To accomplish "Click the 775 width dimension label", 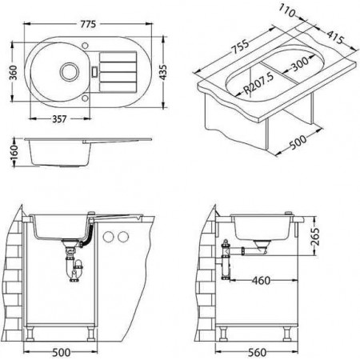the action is coord(88,24).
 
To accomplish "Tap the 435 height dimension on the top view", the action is coord(162,72).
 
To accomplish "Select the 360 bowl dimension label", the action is coord(13,72).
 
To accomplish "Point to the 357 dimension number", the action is coord(59,119).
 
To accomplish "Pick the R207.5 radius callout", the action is coord(258,83).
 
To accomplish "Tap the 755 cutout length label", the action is coord(240,47).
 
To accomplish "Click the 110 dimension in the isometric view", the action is coord(287,11).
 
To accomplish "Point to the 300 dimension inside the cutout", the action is coord(300,64).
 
